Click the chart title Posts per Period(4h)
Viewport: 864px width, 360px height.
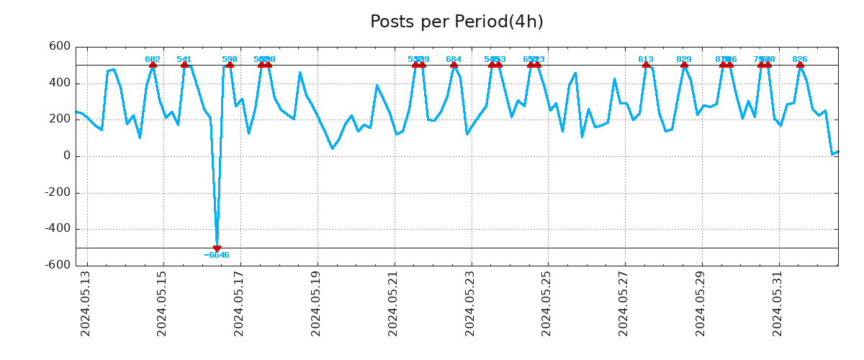pyautogui.click(x=456, y=22)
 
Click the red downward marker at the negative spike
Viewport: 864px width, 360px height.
pyautogui.click(x=217, y=248)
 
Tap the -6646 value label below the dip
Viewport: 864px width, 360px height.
pyautogui.click(x=217, y=256)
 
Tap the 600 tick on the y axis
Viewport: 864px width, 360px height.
pyautogui.click(x=60, y=47)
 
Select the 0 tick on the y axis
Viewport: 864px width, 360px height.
pyautogui.click(x=67, y=156)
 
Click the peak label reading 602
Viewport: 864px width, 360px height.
pyautogui.click(x=153, y=60)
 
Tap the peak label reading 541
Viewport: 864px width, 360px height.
pyautogui.click(x=184, y=60)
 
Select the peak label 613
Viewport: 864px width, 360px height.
pyautogui.click(x=646, y=60)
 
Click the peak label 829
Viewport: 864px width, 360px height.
pyautogui.click(x=684, y=60)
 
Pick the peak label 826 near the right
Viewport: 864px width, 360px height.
pyautogui.click(x=800, y=60)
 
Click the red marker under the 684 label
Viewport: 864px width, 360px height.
pyautogui.click(x=454, y=65)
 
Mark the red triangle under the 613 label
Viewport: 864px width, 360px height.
pyautogui.click(x=646, y=65)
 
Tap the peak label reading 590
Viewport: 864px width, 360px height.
pyautogui.click(x=230, y=60)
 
